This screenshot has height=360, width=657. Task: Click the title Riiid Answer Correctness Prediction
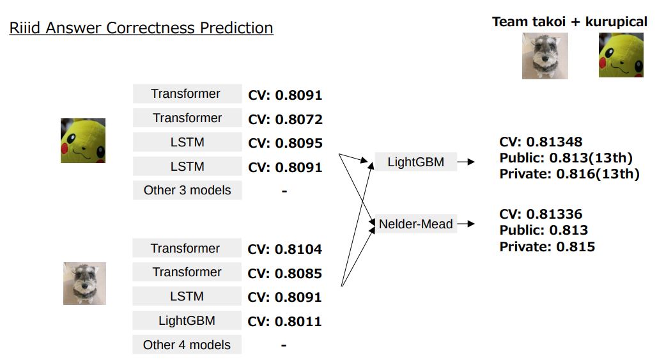[x=141, y=27]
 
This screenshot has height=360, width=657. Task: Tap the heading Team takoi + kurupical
[x=569, y=21]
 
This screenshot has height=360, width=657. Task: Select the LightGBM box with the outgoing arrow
[x=415, y=162]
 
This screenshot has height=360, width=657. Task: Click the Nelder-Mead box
[x=415, y=224]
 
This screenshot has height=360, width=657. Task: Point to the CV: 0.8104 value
[x=284, y=249]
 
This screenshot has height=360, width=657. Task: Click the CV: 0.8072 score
[x=285, y=120]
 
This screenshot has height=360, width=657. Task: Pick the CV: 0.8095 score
[x=285, y=143]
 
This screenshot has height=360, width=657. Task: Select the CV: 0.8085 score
[x=284, y=273]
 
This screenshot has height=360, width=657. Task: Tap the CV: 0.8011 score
[x=284, y=322]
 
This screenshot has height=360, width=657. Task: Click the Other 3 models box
[x=187, y=191]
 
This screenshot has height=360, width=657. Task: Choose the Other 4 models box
[x=187, y=345]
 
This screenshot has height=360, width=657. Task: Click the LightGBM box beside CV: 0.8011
[x=187, y=320]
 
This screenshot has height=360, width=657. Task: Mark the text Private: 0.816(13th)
[x=569, y=174]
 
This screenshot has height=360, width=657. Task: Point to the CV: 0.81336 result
[x=541, y=214]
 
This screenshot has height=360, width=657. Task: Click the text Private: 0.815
[x=547, y=246]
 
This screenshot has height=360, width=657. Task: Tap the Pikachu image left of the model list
[x=83, y=141]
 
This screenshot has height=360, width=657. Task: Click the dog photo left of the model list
[x=84, y=283]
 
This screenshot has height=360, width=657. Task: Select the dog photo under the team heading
[x=545, y=56]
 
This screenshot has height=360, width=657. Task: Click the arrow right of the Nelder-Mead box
[x=466, y=224]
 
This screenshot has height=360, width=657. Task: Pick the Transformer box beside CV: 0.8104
[x=187, y=248]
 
